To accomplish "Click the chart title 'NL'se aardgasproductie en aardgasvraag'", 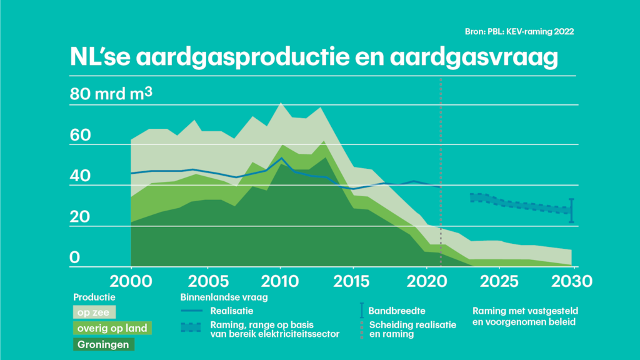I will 312,58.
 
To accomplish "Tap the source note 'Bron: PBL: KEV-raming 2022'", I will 515,31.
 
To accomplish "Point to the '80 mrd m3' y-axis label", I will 111,95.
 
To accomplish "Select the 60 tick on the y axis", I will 81,136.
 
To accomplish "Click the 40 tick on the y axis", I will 81,176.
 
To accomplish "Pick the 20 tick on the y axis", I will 81,217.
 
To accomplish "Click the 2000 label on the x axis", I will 131,281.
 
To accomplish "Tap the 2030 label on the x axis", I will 572,281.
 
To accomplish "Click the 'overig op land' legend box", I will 113,327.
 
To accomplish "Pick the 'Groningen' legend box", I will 104,344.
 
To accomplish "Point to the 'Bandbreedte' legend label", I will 397,310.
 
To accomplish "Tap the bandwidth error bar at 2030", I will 572,211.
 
